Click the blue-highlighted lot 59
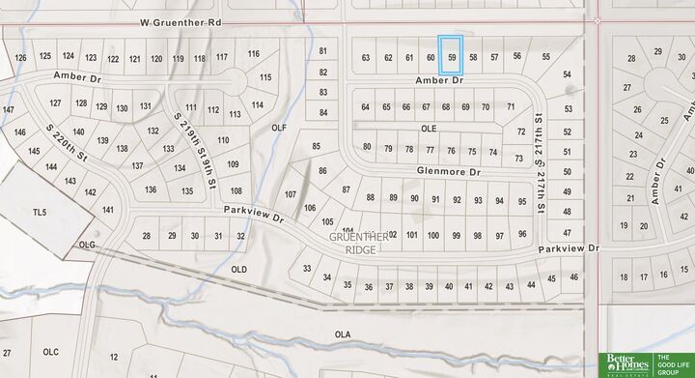pos(451,56)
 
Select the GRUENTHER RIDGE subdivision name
pos(359,243)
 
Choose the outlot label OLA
pos(342,334)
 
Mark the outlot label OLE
pos(429,128)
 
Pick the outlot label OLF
pos(279,128)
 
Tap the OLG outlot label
pos(88,246)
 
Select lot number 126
pos(21,57)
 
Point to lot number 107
pos(291,194)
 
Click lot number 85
pos(316,146)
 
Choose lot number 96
pos(522,234)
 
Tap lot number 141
pos(108,210)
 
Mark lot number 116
pos(254,53)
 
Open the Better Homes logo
pos(625,363)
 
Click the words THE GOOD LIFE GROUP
pos(674,363)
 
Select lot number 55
pos(546,57)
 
